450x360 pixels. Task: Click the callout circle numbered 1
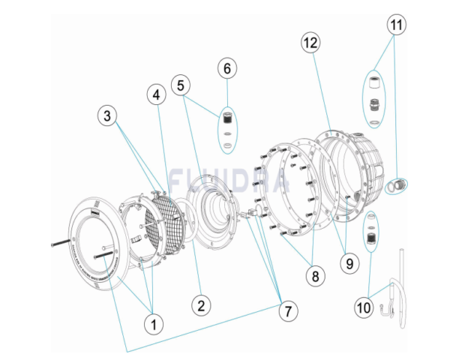[154, 324]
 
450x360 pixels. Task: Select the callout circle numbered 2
[199, 304]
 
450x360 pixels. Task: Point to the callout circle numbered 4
[156, 95]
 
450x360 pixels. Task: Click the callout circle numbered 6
[227, 69]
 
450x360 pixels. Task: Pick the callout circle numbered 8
[316, 275]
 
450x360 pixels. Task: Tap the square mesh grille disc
[164, 218]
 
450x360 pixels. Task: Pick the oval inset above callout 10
[369, 235]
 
